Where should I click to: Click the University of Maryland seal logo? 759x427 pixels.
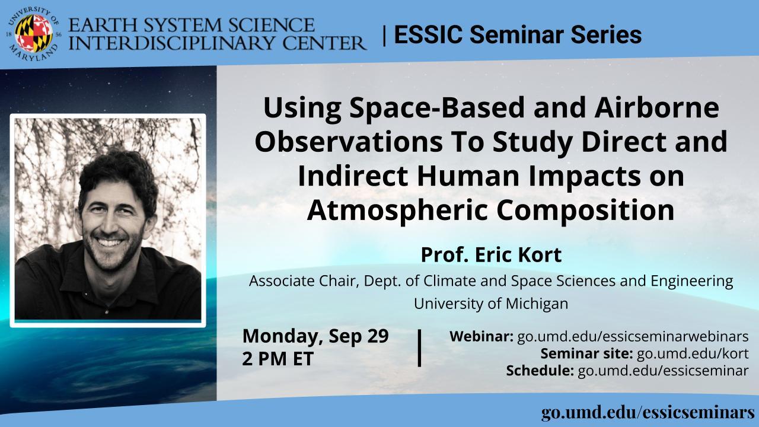point(34,34)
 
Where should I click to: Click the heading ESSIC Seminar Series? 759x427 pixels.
point(518,34)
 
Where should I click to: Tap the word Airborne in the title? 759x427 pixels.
point(656,107)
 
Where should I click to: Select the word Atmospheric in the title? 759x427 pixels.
point(398,211)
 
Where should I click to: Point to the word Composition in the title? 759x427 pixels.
point(585,211)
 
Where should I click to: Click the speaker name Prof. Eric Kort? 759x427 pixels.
point(491,255)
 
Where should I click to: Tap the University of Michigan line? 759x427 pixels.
point(491,303)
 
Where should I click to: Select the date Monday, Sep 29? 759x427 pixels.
point(315,336)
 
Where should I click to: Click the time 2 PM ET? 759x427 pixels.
point(278,359)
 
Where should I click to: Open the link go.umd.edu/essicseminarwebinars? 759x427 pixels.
point(633,336)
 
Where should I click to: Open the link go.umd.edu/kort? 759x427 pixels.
point(693,353)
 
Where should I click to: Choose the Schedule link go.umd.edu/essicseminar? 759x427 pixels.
point(663,371)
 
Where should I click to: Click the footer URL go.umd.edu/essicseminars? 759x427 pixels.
point(649,413)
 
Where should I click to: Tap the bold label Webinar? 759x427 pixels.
point(481,336)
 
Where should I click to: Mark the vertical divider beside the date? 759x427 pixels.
point(419,348)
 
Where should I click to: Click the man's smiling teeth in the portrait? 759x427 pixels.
point(110,243)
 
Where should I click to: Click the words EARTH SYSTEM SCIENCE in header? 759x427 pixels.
point(192,26)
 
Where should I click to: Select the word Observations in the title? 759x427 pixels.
point(349,142)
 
